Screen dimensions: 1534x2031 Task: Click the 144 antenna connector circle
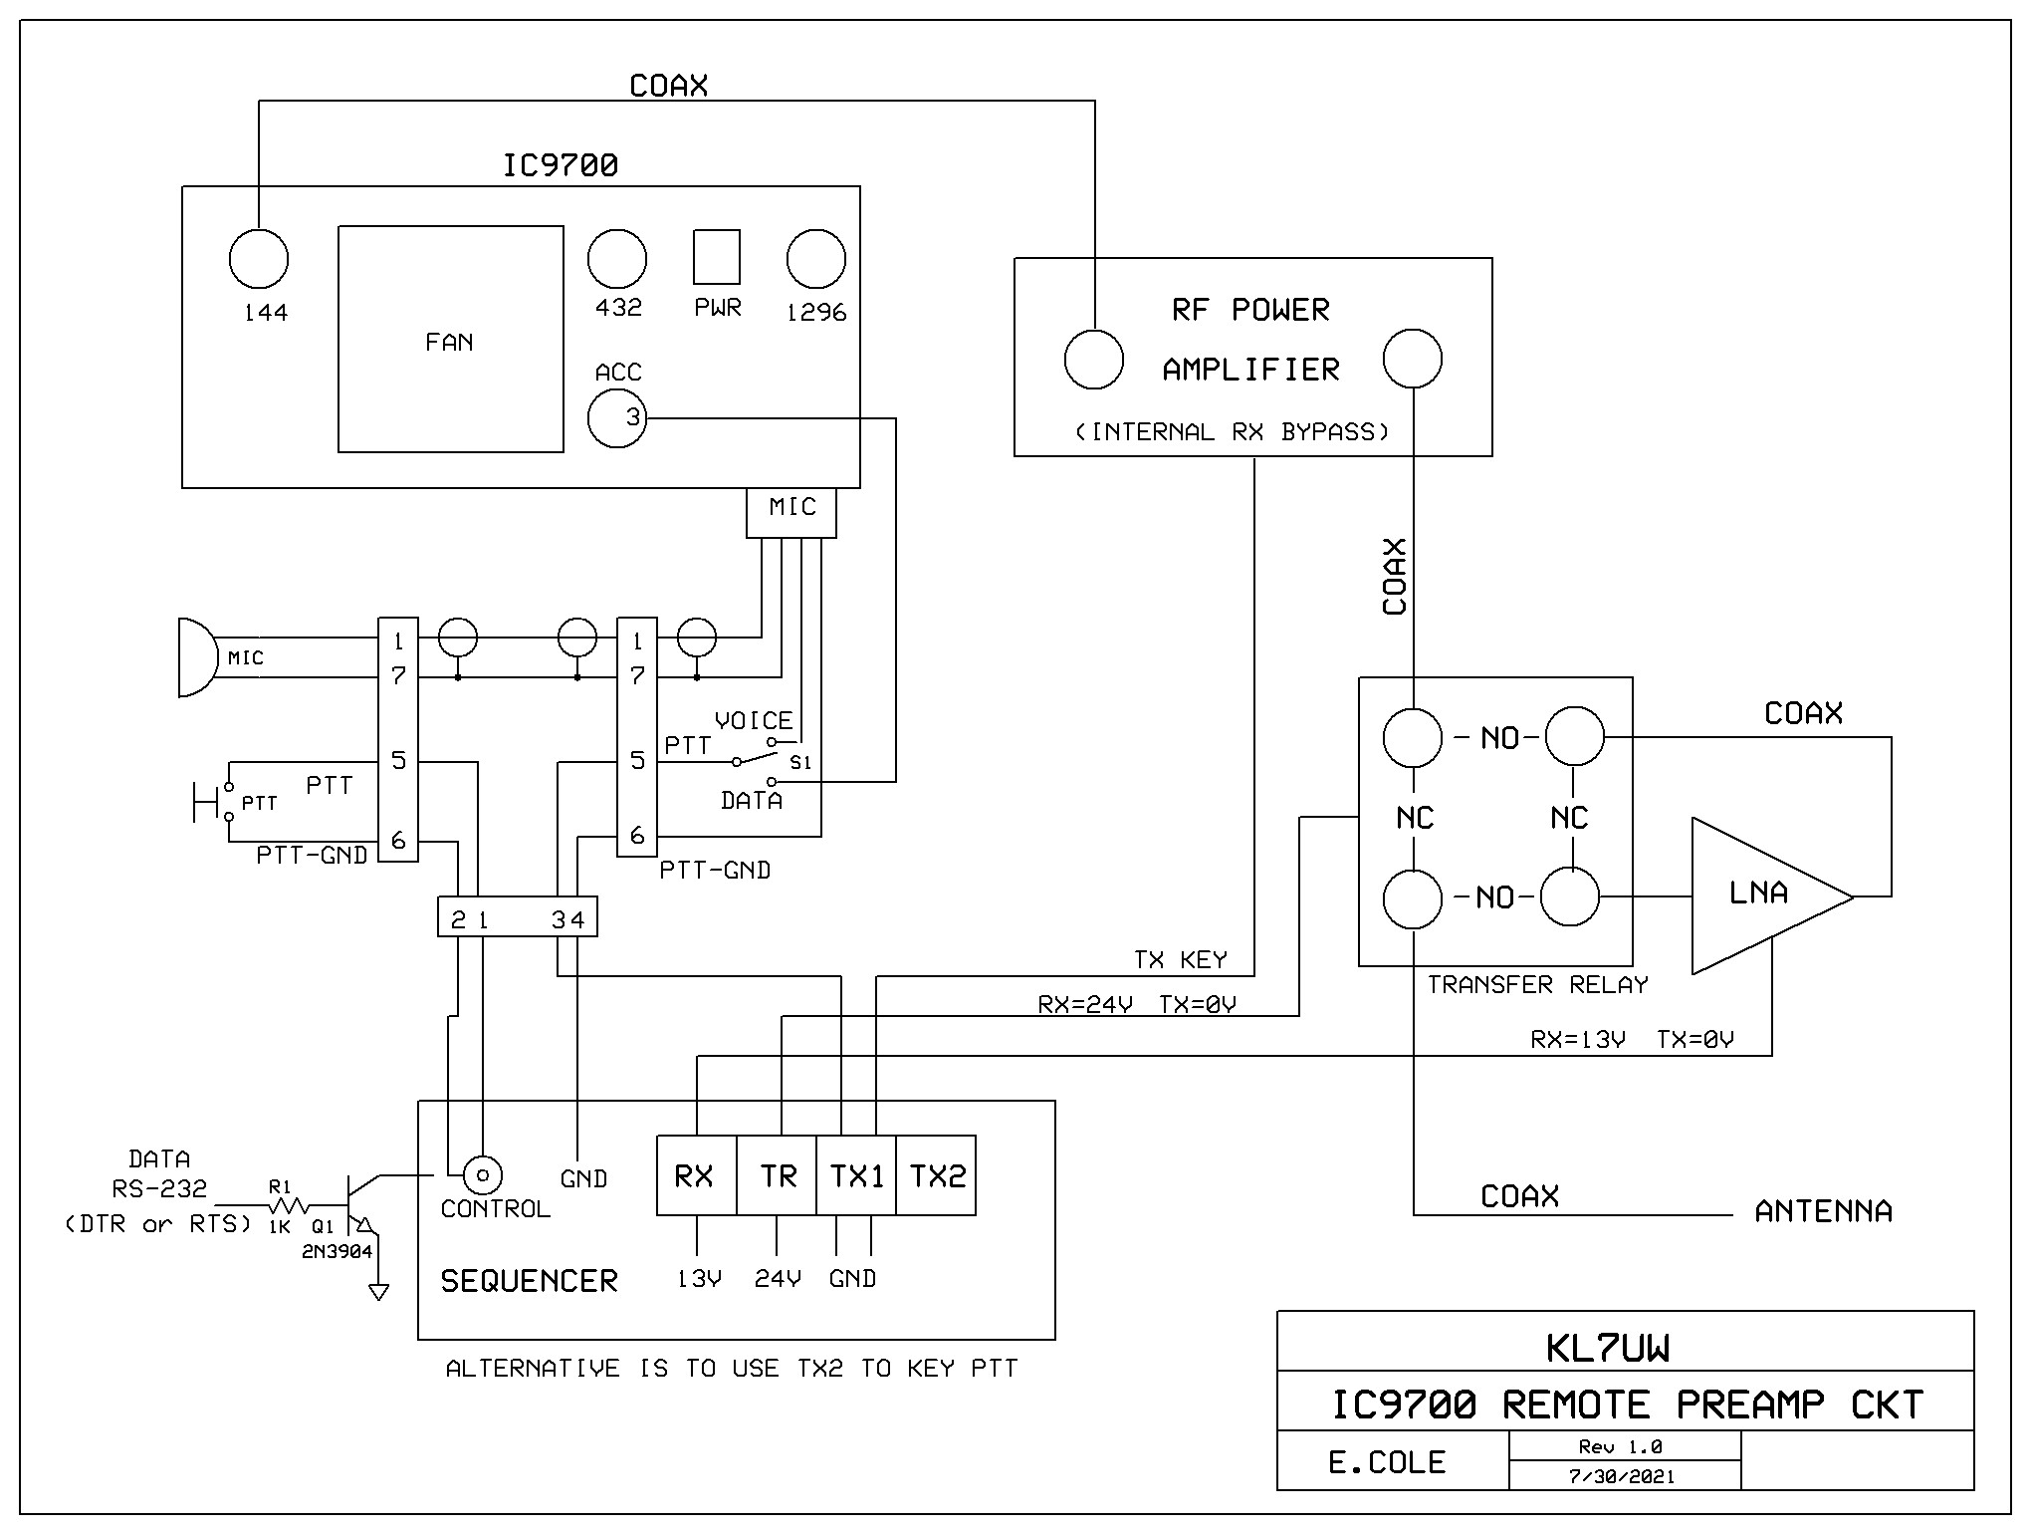pyautogui.click(x=259, y=259)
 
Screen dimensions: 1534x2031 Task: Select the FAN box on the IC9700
pyautogui.click(x=450, y=340)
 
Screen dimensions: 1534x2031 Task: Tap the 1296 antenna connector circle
pyautogui.click(x=815, y=259)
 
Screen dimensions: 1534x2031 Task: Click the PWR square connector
pyautogui.click(x=716, y=257)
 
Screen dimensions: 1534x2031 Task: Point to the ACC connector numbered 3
pyautogui.click(x=617, y=418)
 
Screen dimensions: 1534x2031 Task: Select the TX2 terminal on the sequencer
pyautogui.click(x=936, y=1175)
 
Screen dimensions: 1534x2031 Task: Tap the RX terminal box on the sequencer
pyautogui.click(x=696, y=1175)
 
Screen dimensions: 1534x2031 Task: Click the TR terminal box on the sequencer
pyautogui.click(x=777, y=1175)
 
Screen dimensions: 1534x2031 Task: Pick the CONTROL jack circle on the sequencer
pyautogui.click(x=483, y=1176)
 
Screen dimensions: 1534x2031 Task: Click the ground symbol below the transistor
pyautogui.click(x=378, y=1292)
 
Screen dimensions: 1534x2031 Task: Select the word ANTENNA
pyautogui.click(x=1823, y=1211)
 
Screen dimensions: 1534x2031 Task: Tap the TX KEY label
pyautogui.click(x=1180, y=960)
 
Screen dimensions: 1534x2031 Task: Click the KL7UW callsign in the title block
pyautogui.click(x=1608, y=1348)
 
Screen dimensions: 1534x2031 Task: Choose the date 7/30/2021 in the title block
pyautogui.click(x=1622, y=1476)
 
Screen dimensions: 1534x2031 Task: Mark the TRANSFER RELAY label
pyautogui.click(x=1537, y=985)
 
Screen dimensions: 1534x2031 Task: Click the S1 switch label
pyautogui.click(x=800, y=763)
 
